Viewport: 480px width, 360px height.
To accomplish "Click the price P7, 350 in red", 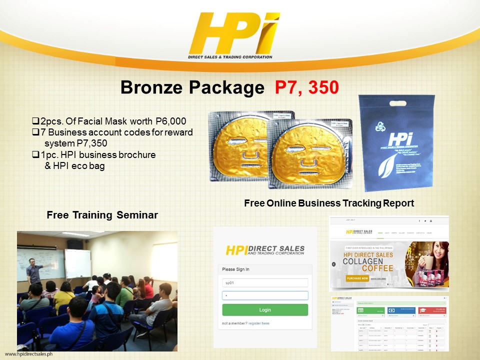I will [x=307, y=87].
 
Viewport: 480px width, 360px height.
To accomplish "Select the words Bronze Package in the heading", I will [x=192, y=87].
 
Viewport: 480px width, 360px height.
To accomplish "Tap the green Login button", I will [x=265, y=309].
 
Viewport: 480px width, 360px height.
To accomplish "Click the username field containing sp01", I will [x=265, y=282].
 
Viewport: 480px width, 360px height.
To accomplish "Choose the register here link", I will [x=258, y=323].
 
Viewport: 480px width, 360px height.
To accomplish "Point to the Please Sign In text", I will [x=235, y=269].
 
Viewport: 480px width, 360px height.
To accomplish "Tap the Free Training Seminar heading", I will [x=102, y=215].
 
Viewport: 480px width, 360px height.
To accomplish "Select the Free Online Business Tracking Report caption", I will [x=328, y=203].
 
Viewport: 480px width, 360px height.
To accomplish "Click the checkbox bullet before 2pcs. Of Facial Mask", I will [x=35, y=121].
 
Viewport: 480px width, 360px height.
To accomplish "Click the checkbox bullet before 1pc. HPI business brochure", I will [x=35, y=155].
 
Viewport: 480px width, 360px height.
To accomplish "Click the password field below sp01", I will [x=265, y=295].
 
